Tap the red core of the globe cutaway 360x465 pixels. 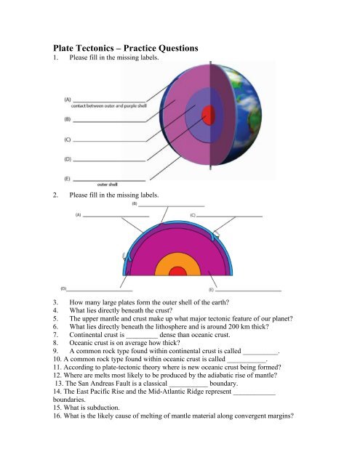(209, 115)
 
